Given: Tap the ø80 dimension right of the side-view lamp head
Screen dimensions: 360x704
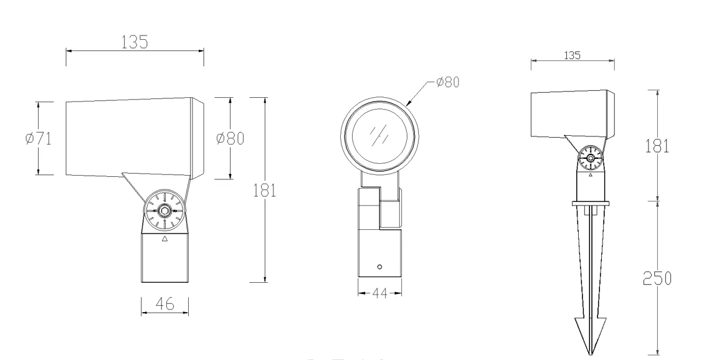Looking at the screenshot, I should click(x=230, y=138).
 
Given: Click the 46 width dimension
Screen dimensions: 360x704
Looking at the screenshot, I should click(x=164, y=303).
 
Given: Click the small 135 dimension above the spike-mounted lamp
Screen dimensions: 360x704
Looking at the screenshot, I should click(x=572, y=55).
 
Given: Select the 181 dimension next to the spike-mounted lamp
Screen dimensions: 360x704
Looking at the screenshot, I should click(x=657, y=145).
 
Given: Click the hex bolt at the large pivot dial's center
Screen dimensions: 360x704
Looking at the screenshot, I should click(x=164, y=211).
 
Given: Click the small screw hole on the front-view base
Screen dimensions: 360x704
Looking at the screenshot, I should click(x=379, y=266).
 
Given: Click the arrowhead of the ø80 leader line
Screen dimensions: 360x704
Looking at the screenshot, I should click(x=409, y=102).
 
